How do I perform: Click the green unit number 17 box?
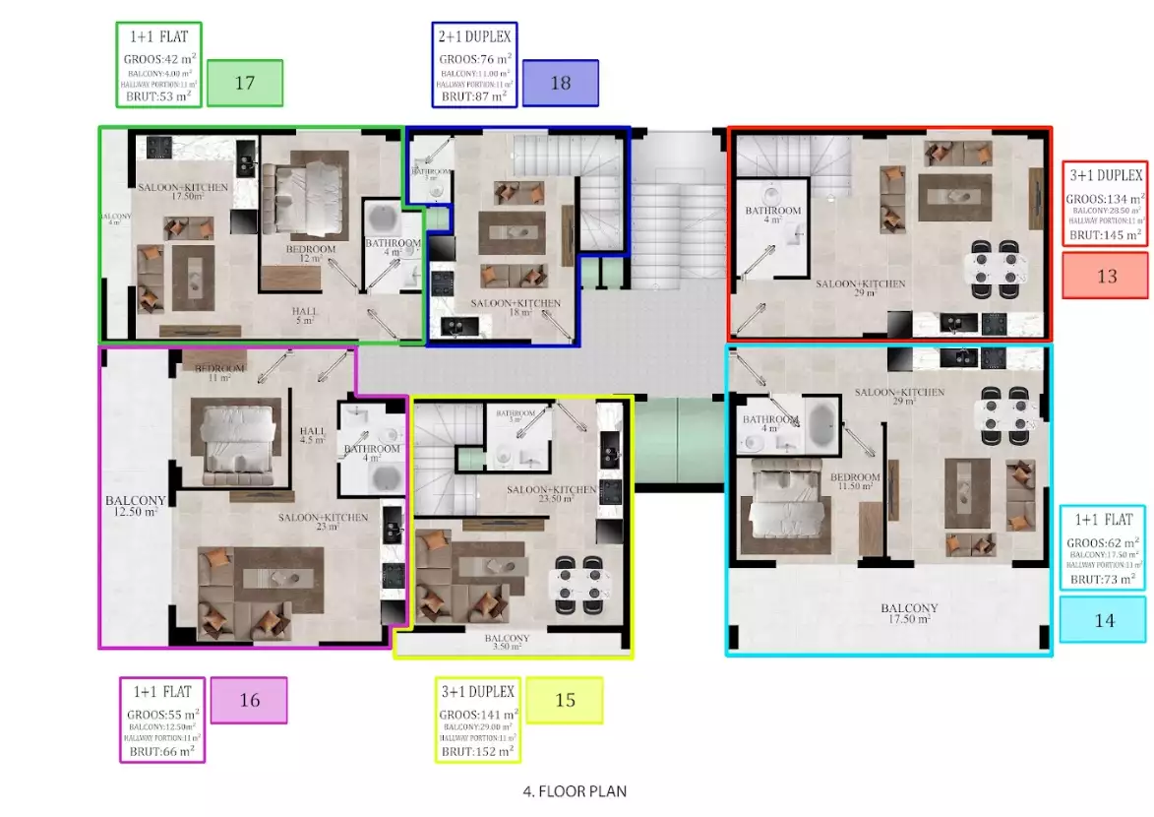tap(245, 83)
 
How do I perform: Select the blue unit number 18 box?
tap(560, 83)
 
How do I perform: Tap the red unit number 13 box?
tap(1107, 276)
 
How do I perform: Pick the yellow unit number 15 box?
tap(565, 700)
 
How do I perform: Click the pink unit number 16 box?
tap(249, 700)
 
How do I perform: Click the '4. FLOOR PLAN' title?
tap(575, 790)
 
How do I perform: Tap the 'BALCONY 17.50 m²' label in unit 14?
tap(909, 613)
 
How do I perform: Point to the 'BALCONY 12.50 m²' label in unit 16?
tap(136, 506)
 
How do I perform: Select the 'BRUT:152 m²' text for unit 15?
tap(477, 751)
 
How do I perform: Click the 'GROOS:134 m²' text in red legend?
tap(1106, 198)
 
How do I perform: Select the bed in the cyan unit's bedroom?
tap(782, 512)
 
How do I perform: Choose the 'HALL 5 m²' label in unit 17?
tap(305, 315)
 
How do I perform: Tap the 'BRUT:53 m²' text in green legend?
tap(158, 95)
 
